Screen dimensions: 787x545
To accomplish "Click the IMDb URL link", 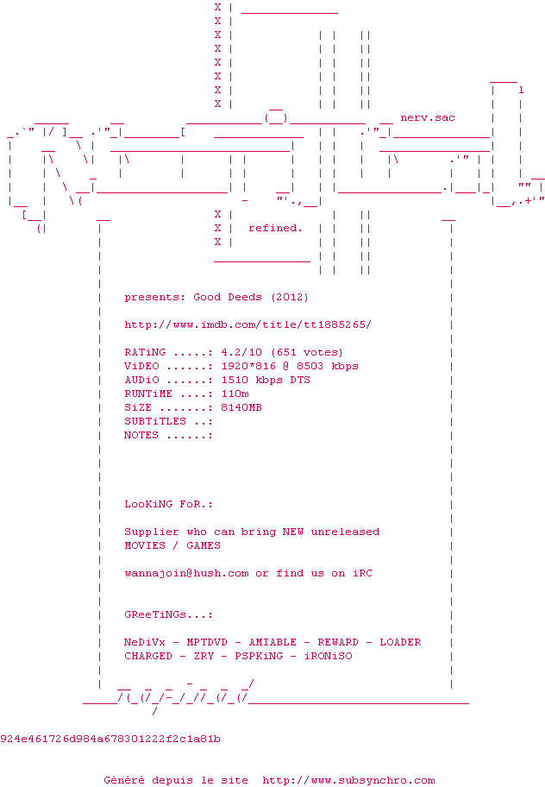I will click(x=247, y=324).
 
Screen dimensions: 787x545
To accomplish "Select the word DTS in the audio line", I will click(x=300, y=380).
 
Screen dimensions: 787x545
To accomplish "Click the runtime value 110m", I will click(x=235, y=393).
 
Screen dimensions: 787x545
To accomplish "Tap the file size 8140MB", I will click(x=241, y=407).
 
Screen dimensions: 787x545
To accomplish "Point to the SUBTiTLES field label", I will click(x=155, y=421).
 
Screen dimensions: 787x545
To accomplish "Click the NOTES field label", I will click(x=141, y=435).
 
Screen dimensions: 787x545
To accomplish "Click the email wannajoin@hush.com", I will click(x=186, y=573).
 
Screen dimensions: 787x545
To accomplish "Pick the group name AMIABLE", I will click(x=272, y=642).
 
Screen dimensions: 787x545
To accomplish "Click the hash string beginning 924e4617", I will click(x=110, y=739).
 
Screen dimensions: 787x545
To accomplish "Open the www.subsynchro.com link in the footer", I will click(x=348, y=780).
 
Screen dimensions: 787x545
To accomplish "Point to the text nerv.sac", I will click(x=428, y=117).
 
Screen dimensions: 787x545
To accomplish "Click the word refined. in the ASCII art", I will click(x=275, y=228).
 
